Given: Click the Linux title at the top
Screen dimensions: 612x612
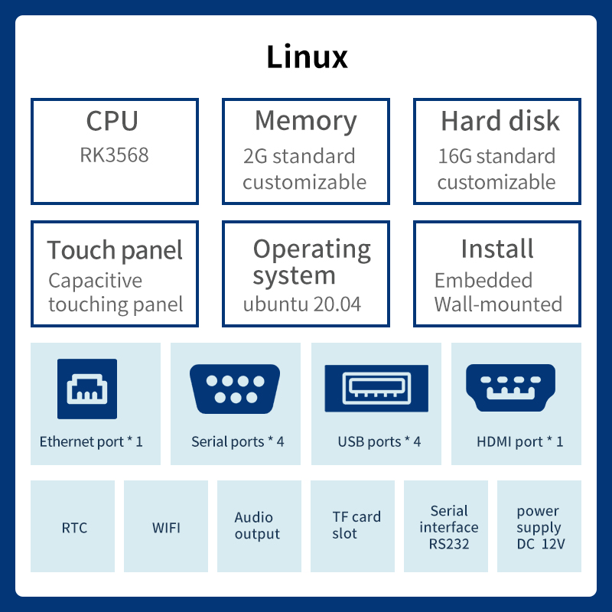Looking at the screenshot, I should coord(307,57).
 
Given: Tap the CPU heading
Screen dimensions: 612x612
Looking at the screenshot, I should coord(112,121).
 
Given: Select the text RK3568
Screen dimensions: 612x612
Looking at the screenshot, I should coord(114,155).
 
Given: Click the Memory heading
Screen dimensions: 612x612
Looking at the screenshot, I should coord(305,121).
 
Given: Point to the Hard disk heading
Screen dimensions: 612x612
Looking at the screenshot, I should coord(500,121).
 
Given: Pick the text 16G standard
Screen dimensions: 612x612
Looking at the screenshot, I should coord(496,156).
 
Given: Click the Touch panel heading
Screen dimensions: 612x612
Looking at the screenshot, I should coord(115,250).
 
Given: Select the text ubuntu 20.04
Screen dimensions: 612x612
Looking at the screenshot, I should coord(301,304).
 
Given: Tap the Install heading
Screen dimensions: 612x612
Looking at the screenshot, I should coord(497,249).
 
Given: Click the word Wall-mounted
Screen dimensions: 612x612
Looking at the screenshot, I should coord(498,304).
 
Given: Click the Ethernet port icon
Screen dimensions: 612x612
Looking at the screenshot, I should coord(87,389).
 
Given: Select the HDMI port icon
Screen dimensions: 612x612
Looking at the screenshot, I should coord(510,389).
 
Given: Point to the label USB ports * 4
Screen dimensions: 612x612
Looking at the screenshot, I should coord(379,441).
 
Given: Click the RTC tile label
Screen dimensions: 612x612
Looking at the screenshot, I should coord(74,528).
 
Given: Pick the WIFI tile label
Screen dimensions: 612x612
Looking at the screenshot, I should coord(166,528).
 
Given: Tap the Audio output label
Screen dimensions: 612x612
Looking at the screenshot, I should coord(257,526).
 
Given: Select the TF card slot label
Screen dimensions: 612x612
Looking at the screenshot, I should coord(356,526).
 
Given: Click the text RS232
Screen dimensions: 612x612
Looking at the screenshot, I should coord(449,545).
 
